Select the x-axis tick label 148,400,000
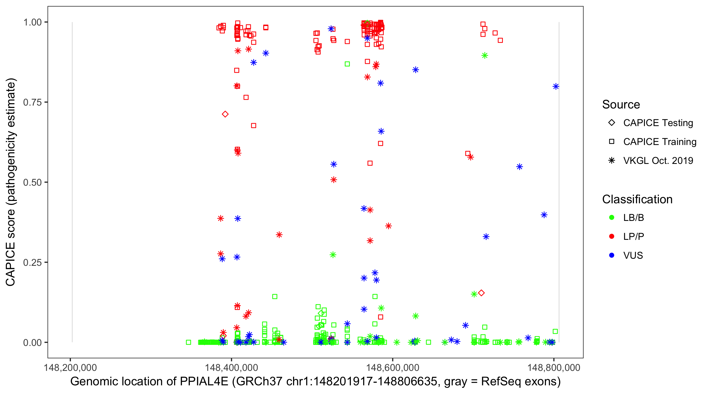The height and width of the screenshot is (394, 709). (x=231, y=367)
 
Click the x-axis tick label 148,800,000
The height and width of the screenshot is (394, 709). (x=554, y=367)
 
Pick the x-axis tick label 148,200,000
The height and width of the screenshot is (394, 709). (x=70, y=367)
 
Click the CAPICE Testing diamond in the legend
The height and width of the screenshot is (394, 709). (x=612, y=122)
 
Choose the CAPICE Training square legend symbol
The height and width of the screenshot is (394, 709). (x=612, y=142)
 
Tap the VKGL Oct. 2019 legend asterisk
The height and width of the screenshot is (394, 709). (x=612, y=160)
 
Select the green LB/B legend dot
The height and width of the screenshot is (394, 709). (x=612, y=217)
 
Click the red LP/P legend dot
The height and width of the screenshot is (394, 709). (x=612, y=236)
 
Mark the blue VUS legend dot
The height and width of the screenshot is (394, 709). (x=612, y=255)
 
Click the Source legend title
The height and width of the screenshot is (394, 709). (x=621, y=105)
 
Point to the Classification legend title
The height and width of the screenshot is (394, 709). (x=637, y=199)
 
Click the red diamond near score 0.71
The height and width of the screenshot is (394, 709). (x=225, y=114)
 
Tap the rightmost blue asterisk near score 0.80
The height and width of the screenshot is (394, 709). (x=556, y=86)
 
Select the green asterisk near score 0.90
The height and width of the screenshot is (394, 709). (x=485, y=56)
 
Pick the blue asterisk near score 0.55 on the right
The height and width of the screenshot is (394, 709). (x=519, y=167)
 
